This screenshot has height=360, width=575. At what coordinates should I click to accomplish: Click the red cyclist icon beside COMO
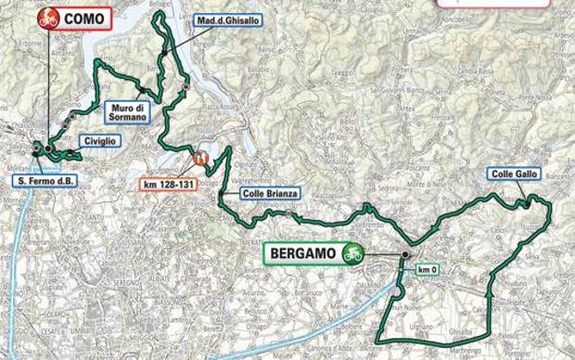tap(48, 16)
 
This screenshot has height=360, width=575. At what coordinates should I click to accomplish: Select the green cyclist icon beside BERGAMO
tap(351, 251)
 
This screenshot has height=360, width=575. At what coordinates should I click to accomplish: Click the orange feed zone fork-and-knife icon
tap(199, 158)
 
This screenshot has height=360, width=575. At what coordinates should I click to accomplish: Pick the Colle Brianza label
tap(262, 193)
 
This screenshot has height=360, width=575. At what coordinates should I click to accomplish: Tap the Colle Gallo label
tap(513, 174)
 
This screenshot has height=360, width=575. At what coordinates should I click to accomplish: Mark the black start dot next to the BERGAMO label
tap(406, 254)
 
